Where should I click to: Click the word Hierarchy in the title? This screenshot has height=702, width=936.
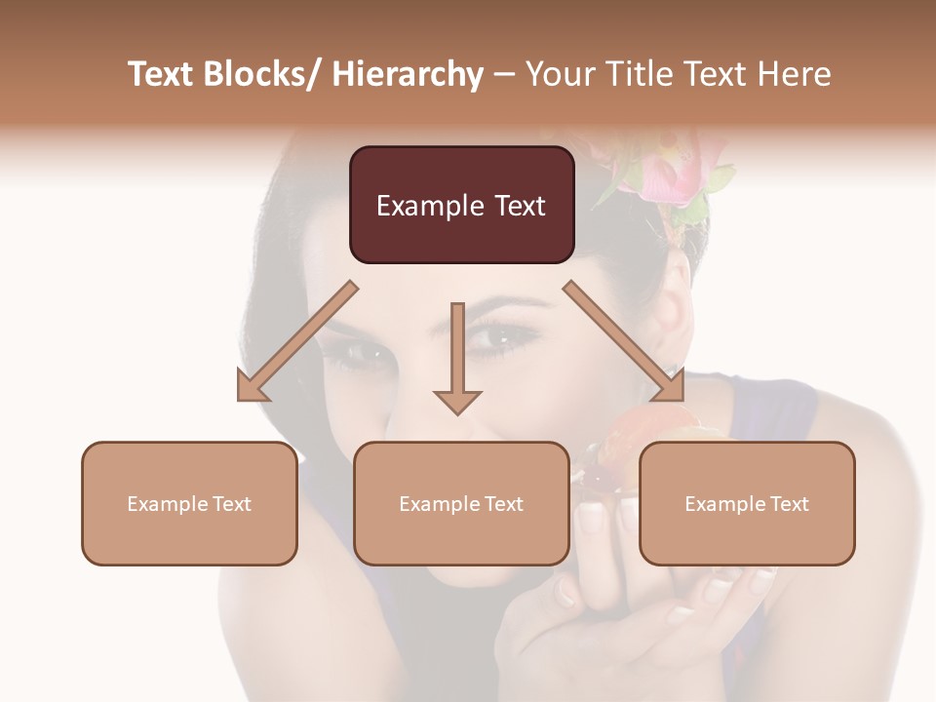(408, 74)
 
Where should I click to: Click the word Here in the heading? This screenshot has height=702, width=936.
(796, 74)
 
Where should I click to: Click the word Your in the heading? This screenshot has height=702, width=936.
(561, 74)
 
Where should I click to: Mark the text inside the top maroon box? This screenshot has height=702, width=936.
(461, 206)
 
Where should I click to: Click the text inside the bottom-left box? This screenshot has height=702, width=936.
(189, 504)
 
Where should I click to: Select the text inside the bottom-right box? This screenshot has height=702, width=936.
(747, 504)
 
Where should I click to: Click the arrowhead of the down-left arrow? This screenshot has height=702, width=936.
(252, 387)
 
